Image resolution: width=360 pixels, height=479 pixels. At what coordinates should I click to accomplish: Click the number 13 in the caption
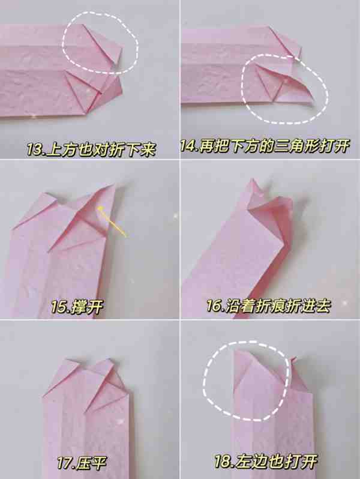coord(35,149)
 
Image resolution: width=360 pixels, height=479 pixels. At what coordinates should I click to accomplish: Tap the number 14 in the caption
coord(188,146)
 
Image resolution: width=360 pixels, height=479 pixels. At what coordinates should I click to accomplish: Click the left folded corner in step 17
coord(61,374)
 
